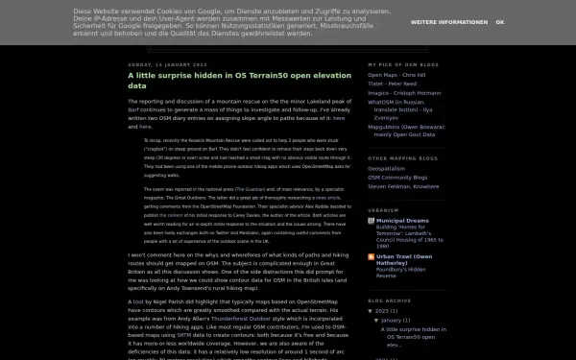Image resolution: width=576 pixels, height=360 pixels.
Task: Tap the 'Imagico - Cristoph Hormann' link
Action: point(410,91)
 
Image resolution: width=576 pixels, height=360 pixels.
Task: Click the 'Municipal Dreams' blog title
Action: point(412,219)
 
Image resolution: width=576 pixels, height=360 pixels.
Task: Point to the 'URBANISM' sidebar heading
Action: point(383,208)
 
